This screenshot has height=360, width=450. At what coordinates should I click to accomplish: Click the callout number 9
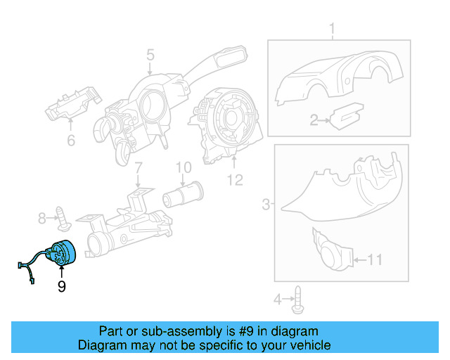pos(62,286)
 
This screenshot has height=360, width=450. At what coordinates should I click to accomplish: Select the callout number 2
pos(315,120)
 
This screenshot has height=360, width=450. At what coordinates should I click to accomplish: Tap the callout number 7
pos(139,168)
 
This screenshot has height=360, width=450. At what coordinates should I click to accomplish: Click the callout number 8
pos(184,167)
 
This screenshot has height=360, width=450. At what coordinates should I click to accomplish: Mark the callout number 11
pos(234,181)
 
